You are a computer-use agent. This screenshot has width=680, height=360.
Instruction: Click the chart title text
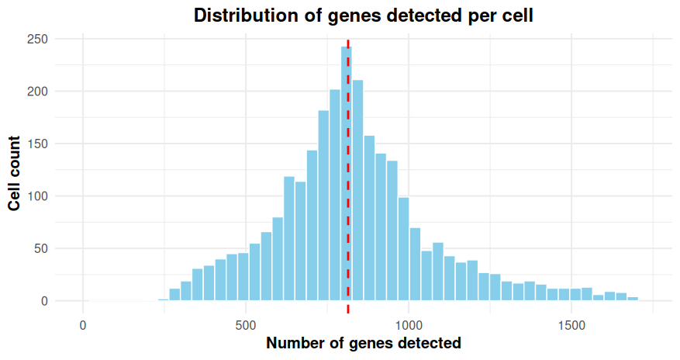point(364,16)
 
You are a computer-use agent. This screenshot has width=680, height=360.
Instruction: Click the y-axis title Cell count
point(15,173)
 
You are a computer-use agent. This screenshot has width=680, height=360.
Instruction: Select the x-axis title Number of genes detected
point(364,343)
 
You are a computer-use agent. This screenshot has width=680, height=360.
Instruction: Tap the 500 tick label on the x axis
point(246,324)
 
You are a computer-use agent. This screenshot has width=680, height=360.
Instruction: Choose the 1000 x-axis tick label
point(409,324)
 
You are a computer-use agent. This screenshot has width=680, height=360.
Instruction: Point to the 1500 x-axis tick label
point(571,324)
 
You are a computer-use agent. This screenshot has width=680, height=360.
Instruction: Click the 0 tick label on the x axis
point(83,324)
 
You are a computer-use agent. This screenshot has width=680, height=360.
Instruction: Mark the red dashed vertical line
point(348,233)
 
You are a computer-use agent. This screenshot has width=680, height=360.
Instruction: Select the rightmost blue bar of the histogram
point(633,299)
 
